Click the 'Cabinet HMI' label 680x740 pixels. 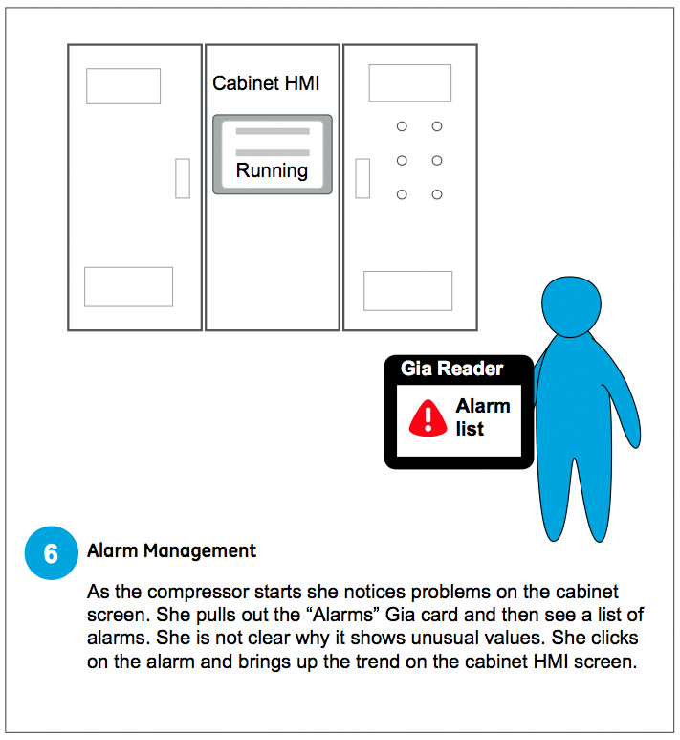pos(266,83)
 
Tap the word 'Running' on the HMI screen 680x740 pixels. pos(272,170)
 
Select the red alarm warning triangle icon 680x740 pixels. pos(428,418)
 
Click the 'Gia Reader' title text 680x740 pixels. pos(451,369)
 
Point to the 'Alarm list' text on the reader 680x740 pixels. pos(483,417)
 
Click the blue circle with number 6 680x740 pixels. pos(51,552)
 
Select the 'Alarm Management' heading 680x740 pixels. pos(171,550)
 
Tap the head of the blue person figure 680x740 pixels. pos(571,305)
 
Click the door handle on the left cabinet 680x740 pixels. pos(183,178)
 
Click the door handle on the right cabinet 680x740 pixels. pos(362,178)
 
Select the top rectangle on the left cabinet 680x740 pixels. pos(123,86)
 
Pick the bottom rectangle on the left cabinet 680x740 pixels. pos(129,287)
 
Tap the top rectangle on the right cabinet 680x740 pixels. pos(409,83)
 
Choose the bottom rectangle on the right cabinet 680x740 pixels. pos(408,291)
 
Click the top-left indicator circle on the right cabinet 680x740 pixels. pos(402,126)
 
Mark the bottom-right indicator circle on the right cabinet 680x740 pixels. pos(437,194)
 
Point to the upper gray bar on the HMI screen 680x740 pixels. pos(273,131)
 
